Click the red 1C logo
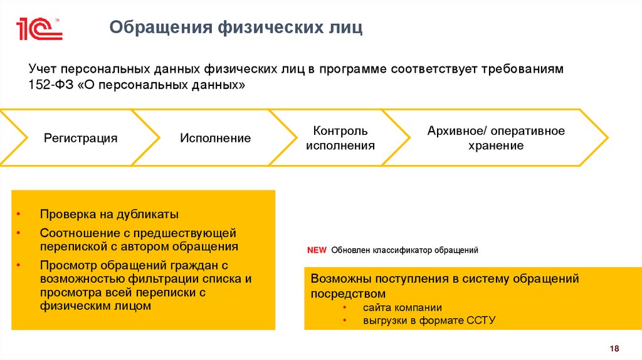39,29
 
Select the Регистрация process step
80,138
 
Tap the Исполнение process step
216,138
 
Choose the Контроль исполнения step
340,138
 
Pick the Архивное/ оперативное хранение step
496,138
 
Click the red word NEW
317,250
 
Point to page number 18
614,349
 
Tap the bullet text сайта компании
402,307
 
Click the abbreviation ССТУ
481,320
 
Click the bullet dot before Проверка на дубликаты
19,214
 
